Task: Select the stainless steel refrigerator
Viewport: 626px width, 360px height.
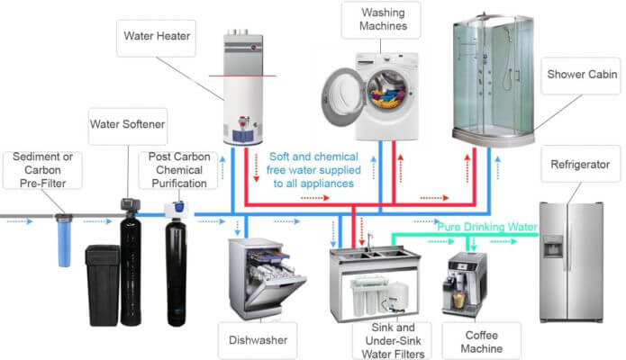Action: pos(570,261)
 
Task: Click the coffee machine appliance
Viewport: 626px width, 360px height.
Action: pos(465,283)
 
